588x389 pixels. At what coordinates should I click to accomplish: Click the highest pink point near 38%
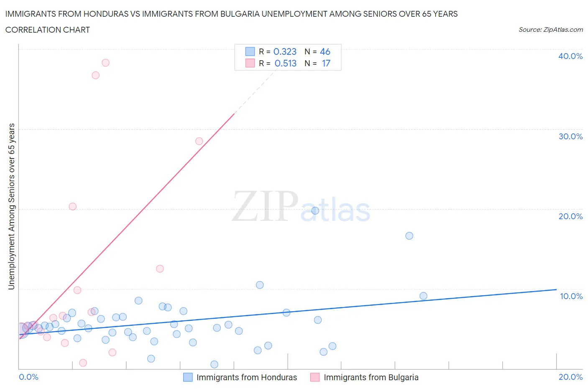(105, 63)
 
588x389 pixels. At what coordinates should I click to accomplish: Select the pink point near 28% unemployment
(199, 141)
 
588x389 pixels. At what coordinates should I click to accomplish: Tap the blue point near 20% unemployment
(315, 211)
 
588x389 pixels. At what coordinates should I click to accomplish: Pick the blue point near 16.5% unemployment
(409, 236)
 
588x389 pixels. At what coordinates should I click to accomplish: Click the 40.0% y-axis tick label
(570, 56)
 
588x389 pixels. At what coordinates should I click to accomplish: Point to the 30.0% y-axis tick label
(570, 136)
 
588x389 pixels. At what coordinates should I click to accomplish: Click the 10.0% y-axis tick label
(571, 296)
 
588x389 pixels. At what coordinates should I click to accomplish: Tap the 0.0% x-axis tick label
(29, 377)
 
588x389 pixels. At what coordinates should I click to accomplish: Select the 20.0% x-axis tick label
(570, 377)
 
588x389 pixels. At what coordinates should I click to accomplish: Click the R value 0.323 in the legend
(285, 51)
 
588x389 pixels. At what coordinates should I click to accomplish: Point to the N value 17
(326, 63)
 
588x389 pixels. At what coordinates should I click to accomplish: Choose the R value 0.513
(286, 63)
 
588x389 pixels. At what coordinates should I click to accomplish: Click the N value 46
(325, 51)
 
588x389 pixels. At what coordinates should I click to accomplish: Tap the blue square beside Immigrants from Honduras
(188, 377)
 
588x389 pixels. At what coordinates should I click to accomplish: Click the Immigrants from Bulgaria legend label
(371, 377)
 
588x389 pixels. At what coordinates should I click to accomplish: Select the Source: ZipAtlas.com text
(550, 30)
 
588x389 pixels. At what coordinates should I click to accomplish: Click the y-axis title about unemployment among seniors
(12, 206)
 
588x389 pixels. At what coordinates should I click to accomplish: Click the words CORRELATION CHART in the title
(48, 30)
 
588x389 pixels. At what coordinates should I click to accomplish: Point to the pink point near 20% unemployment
(73, 207)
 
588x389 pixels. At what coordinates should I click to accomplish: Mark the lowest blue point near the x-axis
(214, 364)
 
